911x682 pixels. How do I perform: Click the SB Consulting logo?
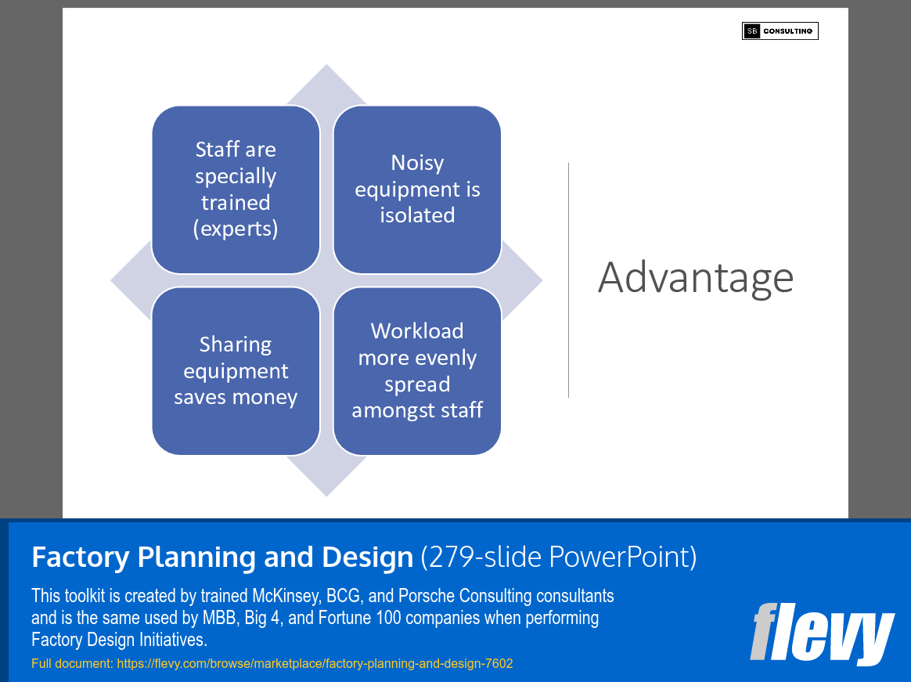[x=780, y=31]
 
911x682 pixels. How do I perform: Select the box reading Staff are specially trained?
[x=236, y=189]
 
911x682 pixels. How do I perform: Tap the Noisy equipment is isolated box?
[x=417, y=189]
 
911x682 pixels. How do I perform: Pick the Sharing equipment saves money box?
[x=236, y=370]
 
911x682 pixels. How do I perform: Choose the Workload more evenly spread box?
[x=417, y=370]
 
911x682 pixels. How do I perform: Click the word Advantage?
[x=696, y=278]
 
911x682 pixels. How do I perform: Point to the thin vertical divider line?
[x=568, y=280]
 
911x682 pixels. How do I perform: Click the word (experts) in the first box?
[x=236, y=229]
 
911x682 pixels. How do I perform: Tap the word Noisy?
[x=417, y=163]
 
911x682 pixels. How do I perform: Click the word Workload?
[x=417, y=331]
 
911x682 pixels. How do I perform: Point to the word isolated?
[x=417, y=215]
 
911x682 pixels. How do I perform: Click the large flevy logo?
[x=821, y=634]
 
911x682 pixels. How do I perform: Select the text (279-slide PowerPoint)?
[x=558, y=558]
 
